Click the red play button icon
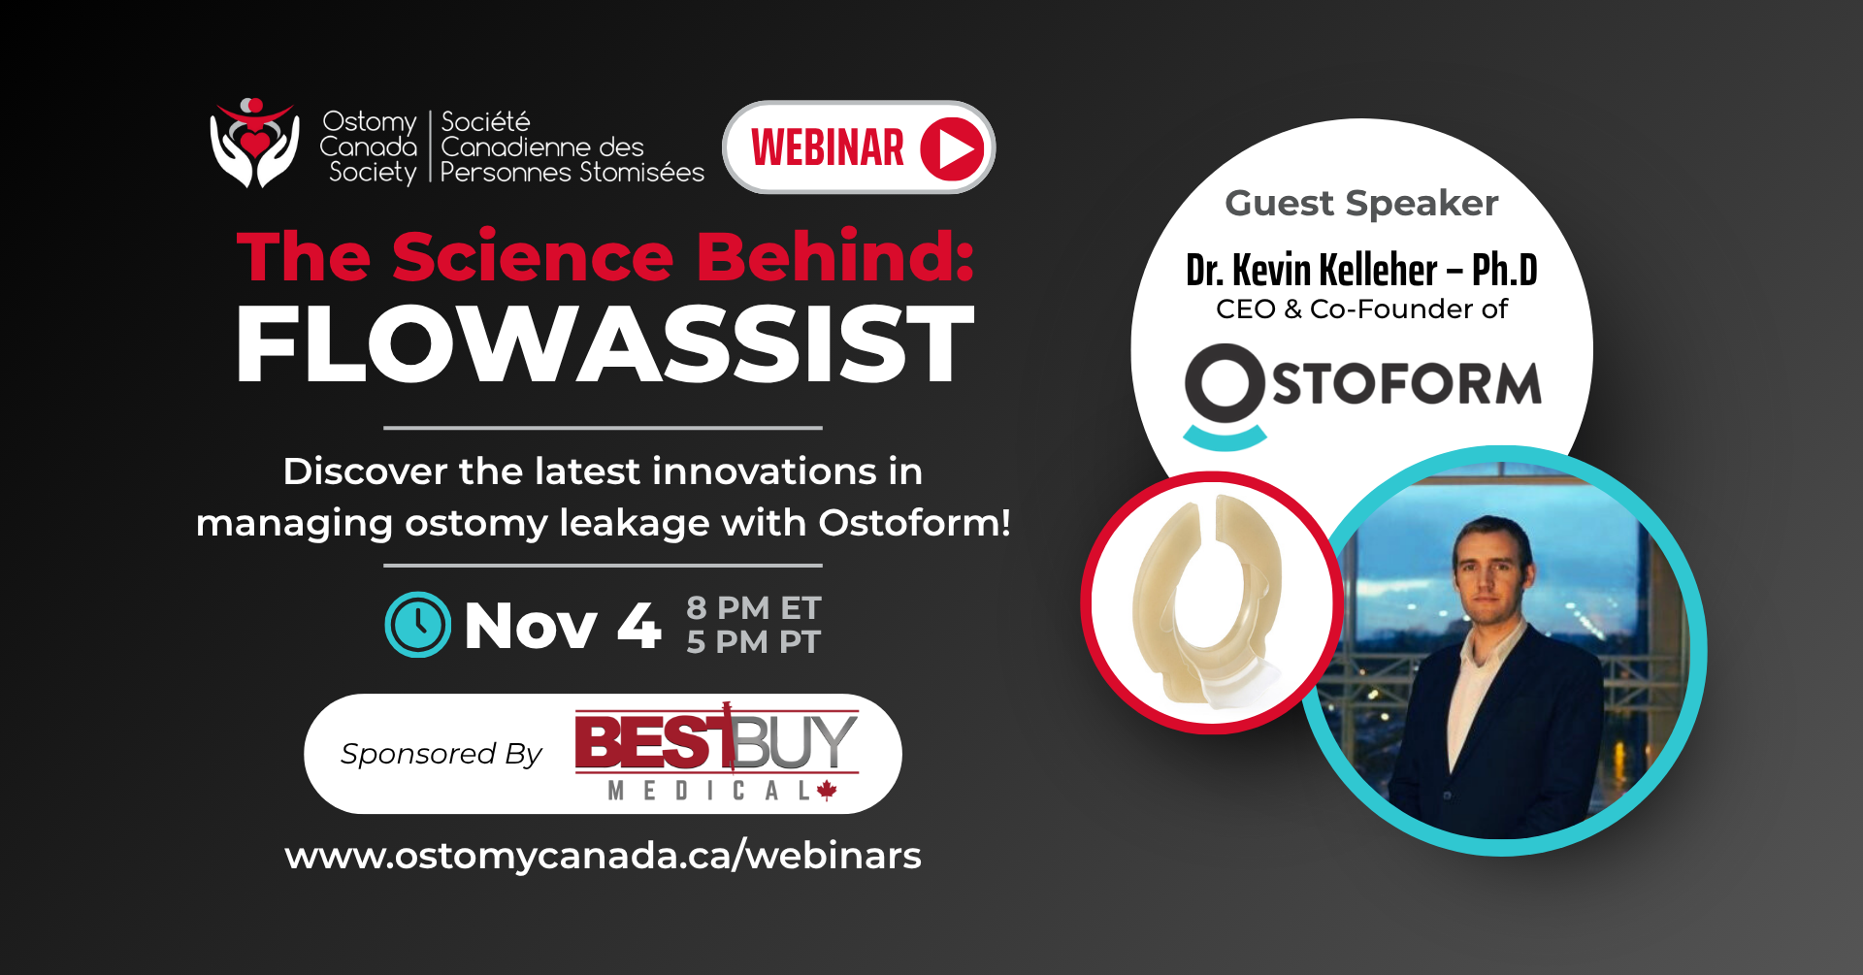pos(952,148)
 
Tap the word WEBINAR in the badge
pos(828,148)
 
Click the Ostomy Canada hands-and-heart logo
pos(254,143)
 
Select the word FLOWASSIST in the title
pos(605,344)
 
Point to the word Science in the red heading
pos(533,257)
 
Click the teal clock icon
pos(417,625)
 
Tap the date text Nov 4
pos(563,626)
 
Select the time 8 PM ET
pos(754,608)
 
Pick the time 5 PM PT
pos(754,642)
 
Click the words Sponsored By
pos(441,754)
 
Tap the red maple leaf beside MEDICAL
pos(827,790)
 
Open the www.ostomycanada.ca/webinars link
pos(603,856)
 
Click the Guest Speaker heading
pos(1361,204)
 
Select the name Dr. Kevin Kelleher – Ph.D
pos(1361,270)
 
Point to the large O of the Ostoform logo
pos(1225,384)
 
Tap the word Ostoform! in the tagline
pos(914,523)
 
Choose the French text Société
pos(485,122)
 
